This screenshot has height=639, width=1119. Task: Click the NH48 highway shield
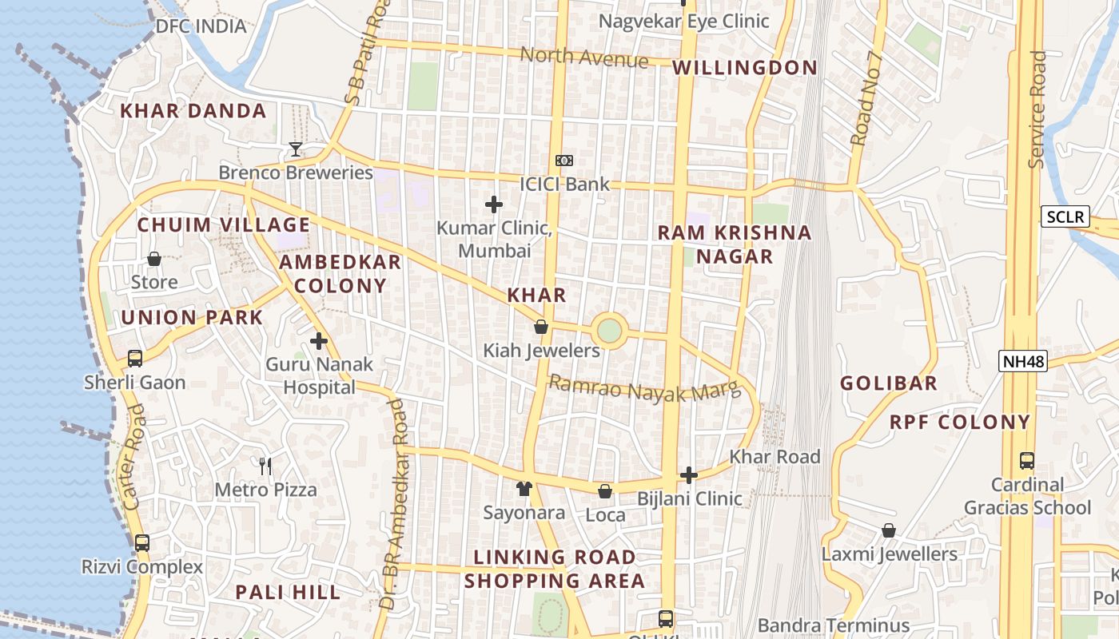(1023, 362)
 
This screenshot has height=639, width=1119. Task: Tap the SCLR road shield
(1065, 216)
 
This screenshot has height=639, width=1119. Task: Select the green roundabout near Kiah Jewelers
(609, 330)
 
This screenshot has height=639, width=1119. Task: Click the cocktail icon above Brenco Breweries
(296, 149)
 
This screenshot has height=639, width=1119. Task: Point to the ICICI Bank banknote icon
(564, 161)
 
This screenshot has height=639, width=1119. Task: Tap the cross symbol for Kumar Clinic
(494, 205)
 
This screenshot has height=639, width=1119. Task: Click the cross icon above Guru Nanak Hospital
(319, 342)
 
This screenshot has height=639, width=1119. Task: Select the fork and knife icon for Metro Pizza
(266, 466)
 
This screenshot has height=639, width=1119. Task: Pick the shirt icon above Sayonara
(524, 489)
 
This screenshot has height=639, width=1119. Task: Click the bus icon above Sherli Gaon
(135, 359)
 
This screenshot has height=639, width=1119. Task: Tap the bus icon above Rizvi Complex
(142, 543)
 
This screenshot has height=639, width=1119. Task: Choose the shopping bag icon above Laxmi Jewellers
(889, 530)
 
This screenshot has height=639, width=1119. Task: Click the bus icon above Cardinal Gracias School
(1027, 461)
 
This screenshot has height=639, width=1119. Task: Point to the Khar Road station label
(775, 457)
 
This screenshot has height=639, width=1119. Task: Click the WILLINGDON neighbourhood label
(745, 68)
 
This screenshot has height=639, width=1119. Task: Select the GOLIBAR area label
(888, 383)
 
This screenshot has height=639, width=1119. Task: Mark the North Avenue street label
(584, 58)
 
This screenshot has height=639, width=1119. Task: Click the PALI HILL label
(288, 592)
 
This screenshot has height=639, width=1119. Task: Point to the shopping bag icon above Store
(154, 259)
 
